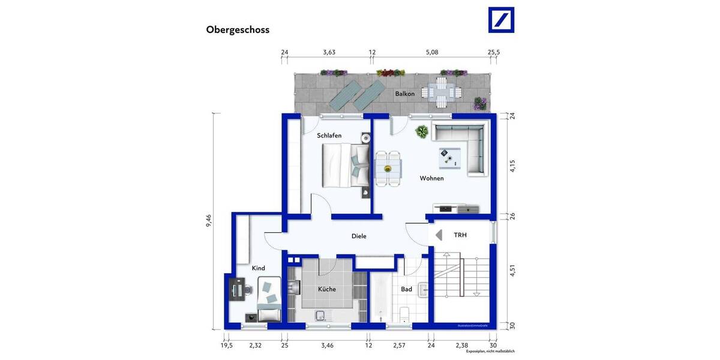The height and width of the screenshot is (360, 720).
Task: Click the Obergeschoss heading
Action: pos(238,29)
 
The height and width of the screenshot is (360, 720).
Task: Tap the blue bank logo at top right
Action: pos(501,20)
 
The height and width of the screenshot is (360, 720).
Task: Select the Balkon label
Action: pos(404,94)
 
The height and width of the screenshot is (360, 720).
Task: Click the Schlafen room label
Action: pos(329,136)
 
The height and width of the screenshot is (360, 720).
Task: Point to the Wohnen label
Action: pos(431,179)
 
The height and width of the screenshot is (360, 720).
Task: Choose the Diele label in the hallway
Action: pos(359,236)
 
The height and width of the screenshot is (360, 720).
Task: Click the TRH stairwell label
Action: pos(460,235)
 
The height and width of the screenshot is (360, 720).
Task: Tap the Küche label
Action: pos(327,289)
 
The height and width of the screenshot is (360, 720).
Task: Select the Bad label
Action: pos(406,289)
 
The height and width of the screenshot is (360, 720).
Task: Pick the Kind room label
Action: pos(259,268)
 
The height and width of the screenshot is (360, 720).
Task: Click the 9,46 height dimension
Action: pos(208,221)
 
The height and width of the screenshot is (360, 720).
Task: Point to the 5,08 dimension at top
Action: pos(432,53)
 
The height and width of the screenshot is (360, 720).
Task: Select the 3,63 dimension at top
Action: pos(329,53)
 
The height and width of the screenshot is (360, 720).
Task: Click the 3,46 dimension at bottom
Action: pos(328,346)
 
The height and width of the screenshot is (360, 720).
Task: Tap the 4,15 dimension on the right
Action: pos(512,166)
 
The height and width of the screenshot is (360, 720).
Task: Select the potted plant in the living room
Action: pos(422,131)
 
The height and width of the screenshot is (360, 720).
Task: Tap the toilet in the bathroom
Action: pos(404,313)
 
